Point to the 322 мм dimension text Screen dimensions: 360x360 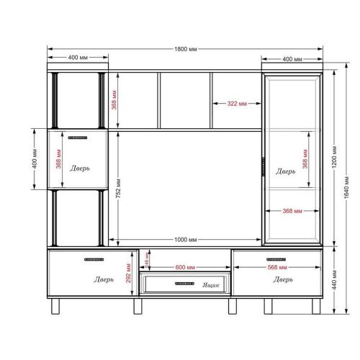click(x=238, y=104)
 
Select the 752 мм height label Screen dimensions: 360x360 click(x=117, y=187)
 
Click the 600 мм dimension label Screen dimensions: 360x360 click(x=185, y=267)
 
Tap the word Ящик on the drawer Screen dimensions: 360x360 click(x=210, y=285)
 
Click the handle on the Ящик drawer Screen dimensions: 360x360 click(x=185, y=284)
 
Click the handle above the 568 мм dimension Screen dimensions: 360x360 click(x=277, y=258)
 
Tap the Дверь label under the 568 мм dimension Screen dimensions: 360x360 click(x=282, y=279)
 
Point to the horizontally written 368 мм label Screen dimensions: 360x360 click(x=288, y=211)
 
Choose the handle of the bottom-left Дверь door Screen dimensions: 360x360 click(x=94, y=258)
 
